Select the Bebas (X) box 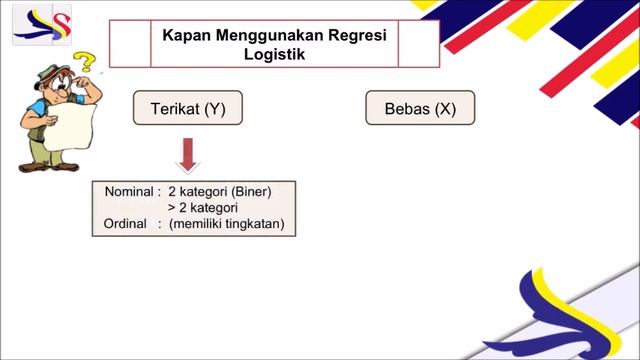pos(420,109)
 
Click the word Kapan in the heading pos(184,34)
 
